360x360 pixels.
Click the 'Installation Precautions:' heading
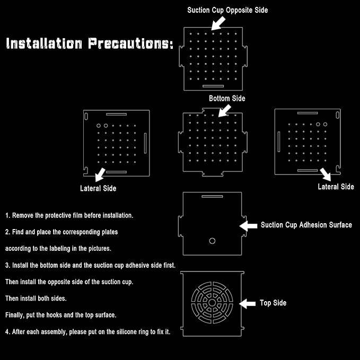[x=90, y=43]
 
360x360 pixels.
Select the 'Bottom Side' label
[x=227, y=98]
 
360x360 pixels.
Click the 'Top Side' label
[x=273, y=303]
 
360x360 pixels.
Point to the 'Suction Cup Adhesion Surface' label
[x=306, y=225]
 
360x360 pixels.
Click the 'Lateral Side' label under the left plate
[x=98, y=188]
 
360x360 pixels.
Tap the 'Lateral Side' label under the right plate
[x=336, y=187]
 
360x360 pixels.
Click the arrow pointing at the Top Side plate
[x=248, y=303]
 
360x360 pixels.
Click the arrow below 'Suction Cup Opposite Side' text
[x=218, y=22]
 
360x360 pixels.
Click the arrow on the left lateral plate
[x=100, y=174]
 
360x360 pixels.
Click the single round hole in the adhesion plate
[x=212, y=241]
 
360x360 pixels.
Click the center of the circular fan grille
[x=212, y=303]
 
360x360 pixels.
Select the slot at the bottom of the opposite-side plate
[x=213, y=85]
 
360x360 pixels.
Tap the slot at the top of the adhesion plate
[x=212, y=196]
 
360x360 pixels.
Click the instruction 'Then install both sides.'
[x=36, y=298]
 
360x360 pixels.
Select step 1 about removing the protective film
[x=69, y=216]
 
